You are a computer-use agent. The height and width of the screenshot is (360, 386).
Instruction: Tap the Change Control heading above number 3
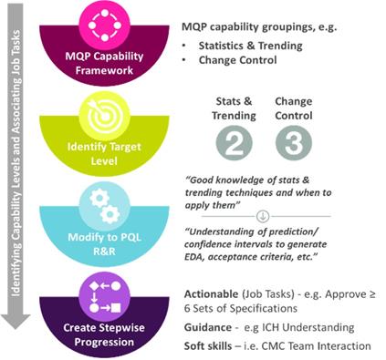[292, 107]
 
